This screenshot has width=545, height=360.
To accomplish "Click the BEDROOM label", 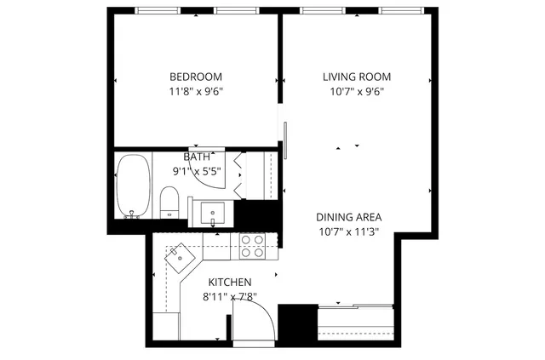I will (197, 76).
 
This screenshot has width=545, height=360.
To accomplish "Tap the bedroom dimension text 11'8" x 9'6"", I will (197, 91).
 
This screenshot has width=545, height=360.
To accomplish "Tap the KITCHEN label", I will (230, 282).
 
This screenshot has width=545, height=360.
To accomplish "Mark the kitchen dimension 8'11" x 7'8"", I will (230, 297).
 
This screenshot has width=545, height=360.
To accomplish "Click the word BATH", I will (197, 157).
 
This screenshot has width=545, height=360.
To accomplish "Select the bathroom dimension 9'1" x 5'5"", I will (197, 171).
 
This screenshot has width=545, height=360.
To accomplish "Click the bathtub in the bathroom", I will (132, 185).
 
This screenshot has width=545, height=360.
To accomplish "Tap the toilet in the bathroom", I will (169, 203).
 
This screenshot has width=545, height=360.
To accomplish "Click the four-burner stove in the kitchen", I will (251, 246).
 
